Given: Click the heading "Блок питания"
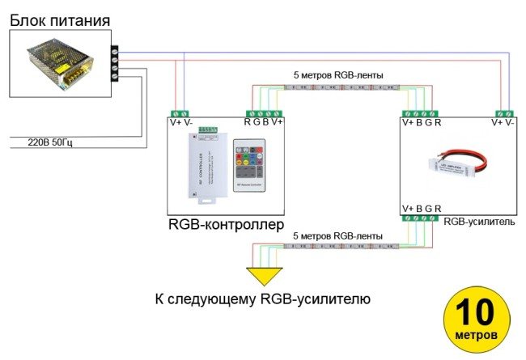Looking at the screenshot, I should (60, 18).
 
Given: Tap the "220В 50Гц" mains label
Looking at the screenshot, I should (50, 142).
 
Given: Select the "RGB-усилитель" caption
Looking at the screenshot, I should (480, 220).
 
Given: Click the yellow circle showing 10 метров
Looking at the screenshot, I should (477, 317).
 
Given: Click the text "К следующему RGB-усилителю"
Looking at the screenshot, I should (262, 299).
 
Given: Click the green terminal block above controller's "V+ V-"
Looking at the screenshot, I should (180, 112).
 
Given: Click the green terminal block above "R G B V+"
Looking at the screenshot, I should (265, 112).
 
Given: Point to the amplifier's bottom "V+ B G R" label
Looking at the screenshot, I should (422, 209).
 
